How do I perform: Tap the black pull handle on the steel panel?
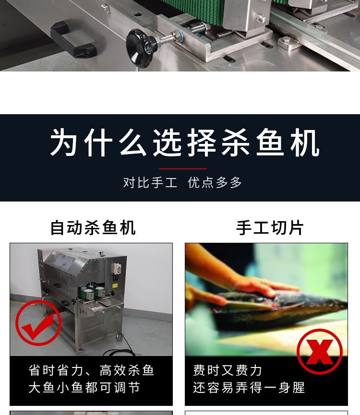(x=72, y=39)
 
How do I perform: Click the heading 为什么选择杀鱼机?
(x=185, y=143)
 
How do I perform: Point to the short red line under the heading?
(x=183, y=169)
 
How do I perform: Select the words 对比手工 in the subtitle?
(x=150, y=182)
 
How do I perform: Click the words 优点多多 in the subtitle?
(x=215, y=182)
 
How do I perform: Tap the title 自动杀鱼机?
(x=93, y=227)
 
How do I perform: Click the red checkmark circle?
(x=38, y=322)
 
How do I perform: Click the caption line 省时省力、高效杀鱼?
(x=91, y=370)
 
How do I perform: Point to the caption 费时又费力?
(x=228, y=370)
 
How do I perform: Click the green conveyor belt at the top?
(x=192, y=10)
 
